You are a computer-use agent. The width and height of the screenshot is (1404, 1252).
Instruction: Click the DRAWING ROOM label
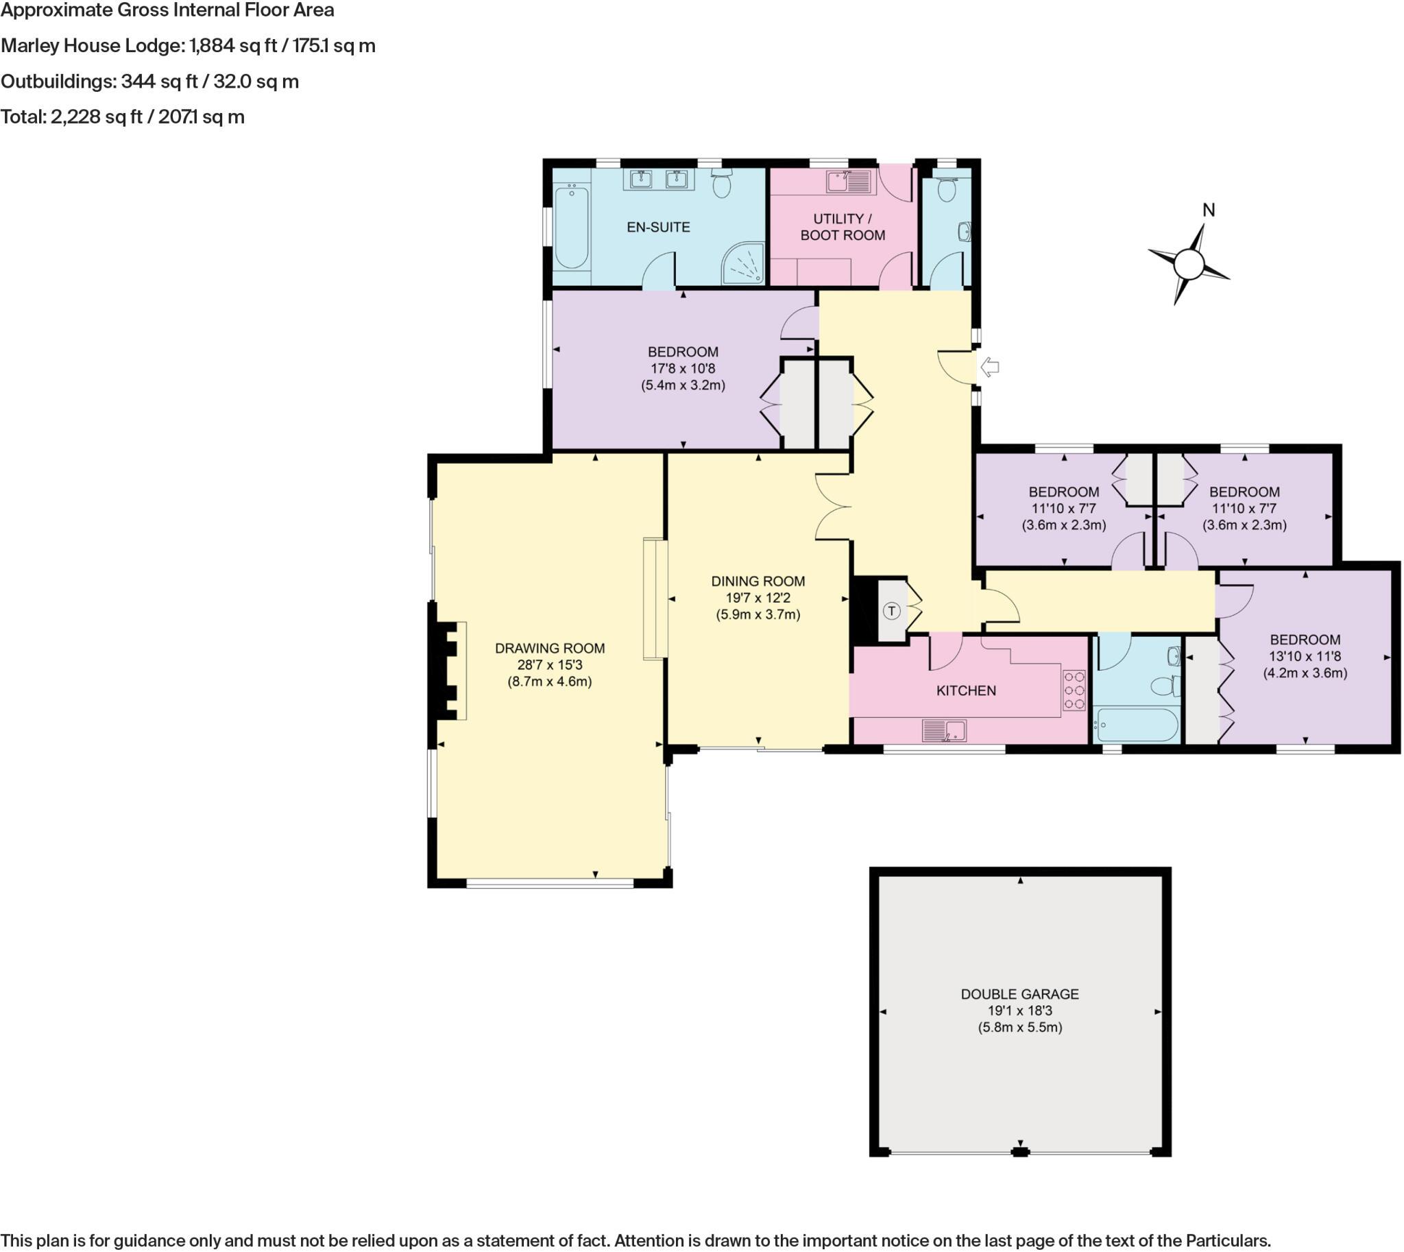tap(550, 648)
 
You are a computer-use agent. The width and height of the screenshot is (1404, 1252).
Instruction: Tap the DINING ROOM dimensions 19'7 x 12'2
tap(758, 598)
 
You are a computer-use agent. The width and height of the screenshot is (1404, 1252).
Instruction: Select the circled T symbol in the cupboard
tap(891, 611)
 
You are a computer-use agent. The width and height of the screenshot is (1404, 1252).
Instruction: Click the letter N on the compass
tap(1209, 210)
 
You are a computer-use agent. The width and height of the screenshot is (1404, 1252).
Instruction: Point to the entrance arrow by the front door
tap(989, 368)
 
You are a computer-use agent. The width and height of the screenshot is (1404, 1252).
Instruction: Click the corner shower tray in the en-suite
tap(743, 263)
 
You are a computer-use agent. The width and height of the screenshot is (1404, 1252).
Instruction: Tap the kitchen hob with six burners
tap(1074, 690)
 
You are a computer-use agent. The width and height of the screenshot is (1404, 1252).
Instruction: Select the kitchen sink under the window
tap(945, 731)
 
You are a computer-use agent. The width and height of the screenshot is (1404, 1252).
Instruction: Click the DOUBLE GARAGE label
tap(1019, 994)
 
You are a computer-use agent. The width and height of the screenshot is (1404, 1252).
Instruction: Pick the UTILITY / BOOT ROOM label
tap(842, 227)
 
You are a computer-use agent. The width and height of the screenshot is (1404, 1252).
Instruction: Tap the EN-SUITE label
tap(657, 227)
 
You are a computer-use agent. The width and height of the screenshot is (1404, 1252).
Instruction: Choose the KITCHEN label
tap(966, 690)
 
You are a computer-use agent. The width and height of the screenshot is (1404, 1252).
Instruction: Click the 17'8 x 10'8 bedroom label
tap(682, 368)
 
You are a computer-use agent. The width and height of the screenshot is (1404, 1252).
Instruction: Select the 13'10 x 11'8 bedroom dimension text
tap(1305, 656)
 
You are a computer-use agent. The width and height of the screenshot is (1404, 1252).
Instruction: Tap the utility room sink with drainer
tap(849, 182)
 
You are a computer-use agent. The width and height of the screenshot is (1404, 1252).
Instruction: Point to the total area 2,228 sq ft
tap(123, 117)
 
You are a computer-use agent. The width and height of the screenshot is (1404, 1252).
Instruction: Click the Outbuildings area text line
tap(150, 81)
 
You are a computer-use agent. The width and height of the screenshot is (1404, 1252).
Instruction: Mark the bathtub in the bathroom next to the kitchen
tap(1137, 725)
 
